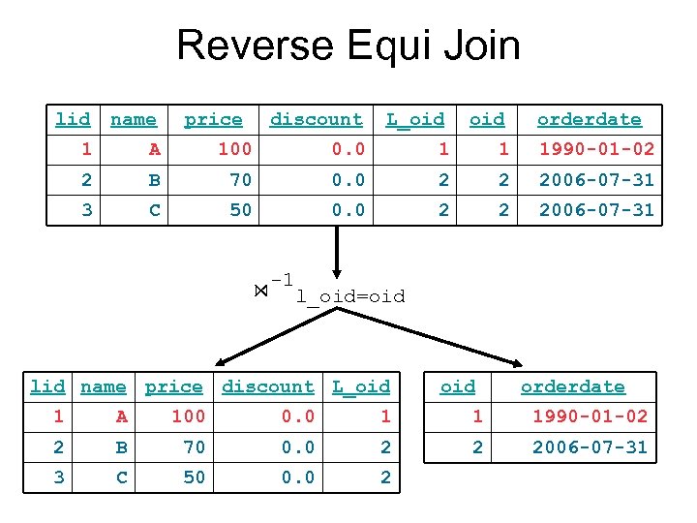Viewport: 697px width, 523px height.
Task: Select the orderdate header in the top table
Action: pyautogui.click(x=589, y=119)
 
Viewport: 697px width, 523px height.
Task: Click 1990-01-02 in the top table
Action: pyautogui.click(x=596, y=149)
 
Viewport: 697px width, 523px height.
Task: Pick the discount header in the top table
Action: pyautogui.click(x=316, y=119)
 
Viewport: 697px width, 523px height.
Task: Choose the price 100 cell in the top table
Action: pyautogui.click(x=233, y=149)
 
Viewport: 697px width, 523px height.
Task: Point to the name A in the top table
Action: pyautogui.click(x=154, y=149)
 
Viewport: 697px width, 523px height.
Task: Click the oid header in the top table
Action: pyautogui.click(x=486, y=119)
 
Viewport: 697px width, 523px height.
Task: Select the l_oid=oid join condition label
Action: pyautogui.click(x=350, y=295)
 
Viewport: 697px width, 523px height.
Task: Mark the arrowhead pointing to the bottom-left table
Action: pyautogui.click(x=222, y=359)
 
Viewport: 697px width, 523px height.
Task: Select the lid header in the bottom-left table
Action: pyautogui.click(x=47, y=386)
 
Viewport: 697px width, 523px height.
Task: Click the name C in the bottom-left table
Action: pyautogui.click(x=121, y=477)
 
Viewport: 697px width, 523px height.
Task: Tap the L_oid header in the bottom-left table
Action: pyautogui.click(x=360, y=386)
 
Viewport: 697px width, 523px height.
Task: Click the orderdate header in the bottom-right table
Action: pyautogui.click(x=572, y=386)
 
